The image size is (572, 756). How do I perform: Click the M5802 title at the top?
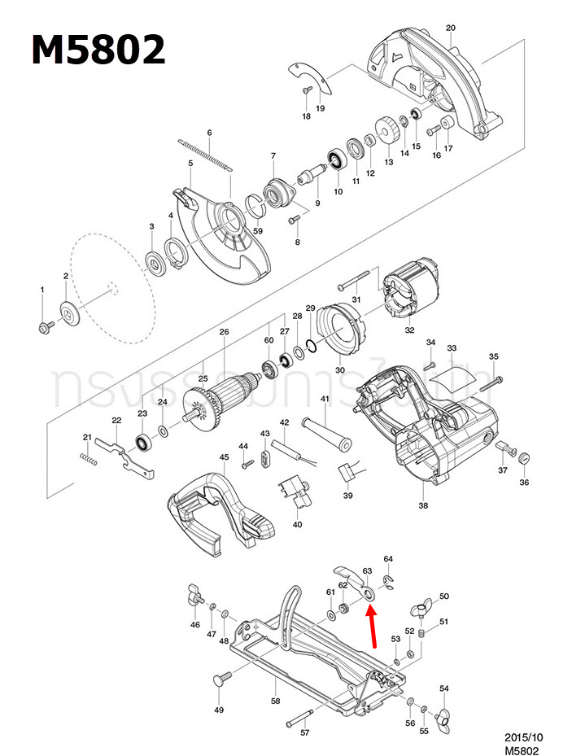tap(98, 50)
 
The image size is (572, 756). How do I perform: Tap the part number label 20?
tap(451, 28)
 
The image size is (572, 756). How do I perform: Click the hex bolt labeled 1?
tap(43, 327)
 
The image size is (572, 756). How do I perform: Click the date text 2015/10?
tap(523, 737)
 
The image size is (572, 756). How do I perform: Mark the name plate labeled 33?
tap(451, 375)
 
